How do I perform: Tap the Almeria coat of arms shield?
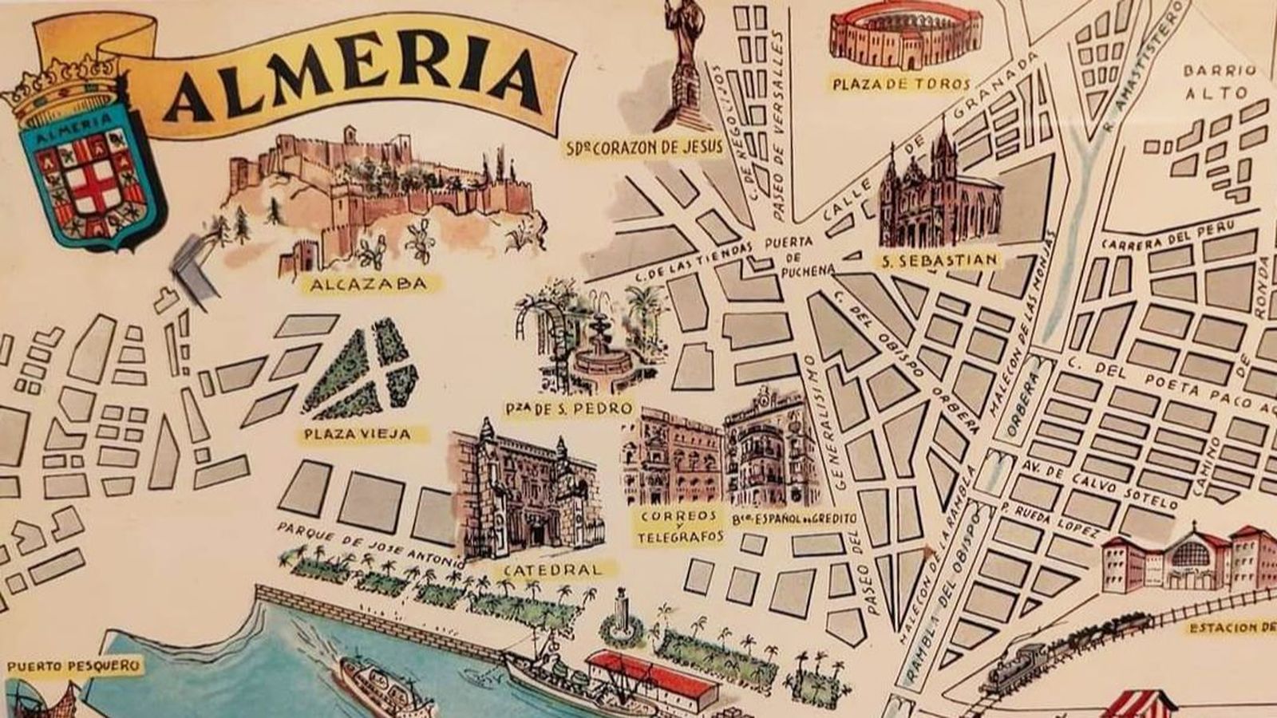[88, 172]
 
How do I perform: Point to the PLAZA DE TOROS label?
[901, 84]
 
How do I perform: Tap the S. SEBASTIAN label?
[939, 260]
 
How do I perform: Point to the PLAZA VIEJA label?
[358, 435]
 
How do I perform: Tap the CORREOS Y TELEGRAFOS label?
[680, 526]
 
